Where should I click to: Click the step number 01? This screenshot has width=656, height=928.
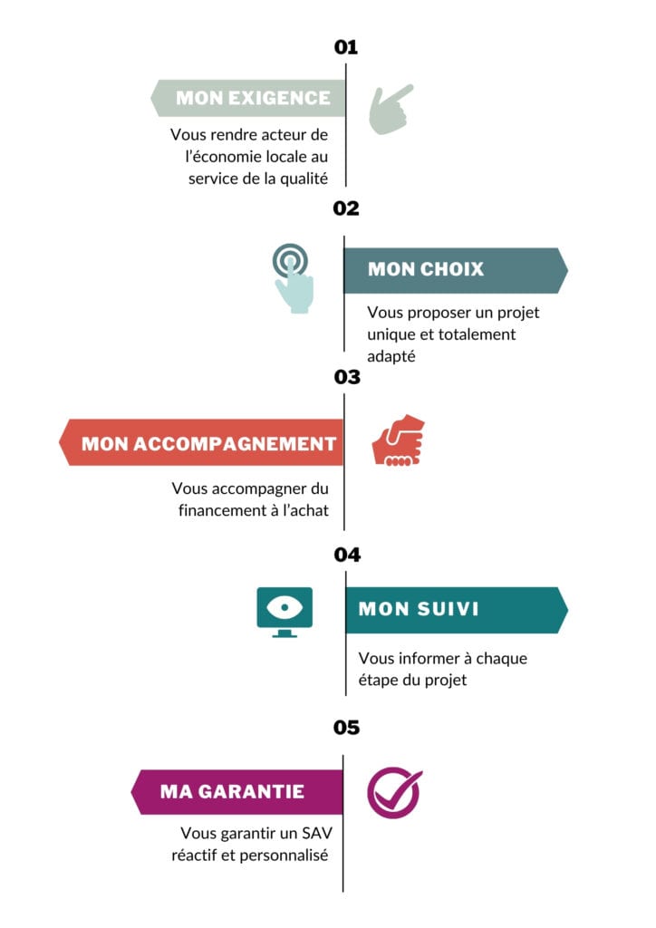click(x=346, y=47)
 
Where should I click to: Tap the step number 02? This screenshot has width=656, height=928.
click(x=346, y=208)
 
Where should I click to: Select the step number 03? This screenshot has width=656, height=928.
click(x=347, y=377)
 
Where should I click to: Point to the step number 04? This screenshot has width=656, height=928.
click(x=347, y=554)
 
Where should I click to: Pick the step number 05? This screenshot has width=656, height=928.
click(x=346, y=728)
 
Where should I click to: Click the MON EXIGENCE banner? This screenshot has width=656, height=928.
click(x=248, y=98)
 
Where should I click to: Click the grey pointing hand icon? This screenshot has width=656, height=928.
click(x=390, y=110)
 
